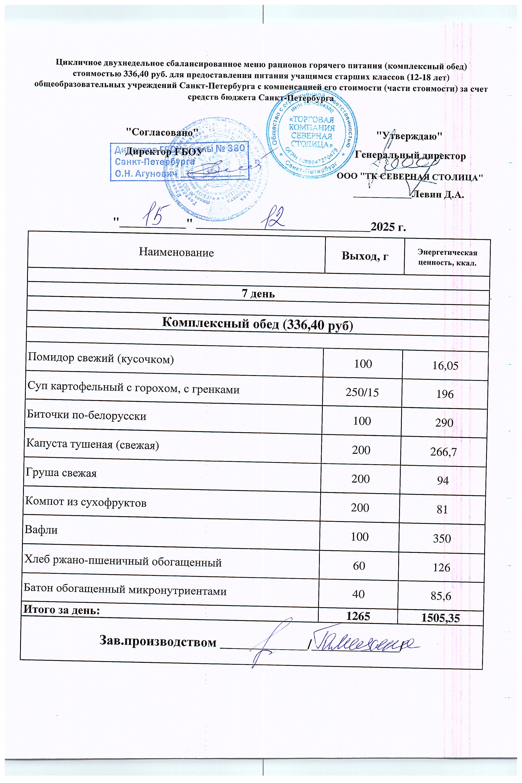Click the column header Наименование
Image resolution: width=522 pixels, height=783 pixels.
[176, 252]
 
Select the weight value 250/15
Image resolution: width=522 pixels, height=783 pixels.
[362, 392]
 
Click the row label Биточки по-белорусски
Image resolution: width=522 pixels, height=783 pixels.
[87, 416]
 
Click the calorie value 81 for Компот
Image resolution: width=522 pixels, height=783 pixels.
[442, 509]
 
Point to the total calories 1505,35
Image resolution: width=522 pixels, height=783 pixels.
[440, 619]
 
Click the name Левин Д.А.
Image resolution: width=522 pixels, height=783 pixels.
[437, 194]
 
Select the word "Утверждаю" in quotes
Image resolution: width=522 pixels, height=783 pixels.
[409, 136]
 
